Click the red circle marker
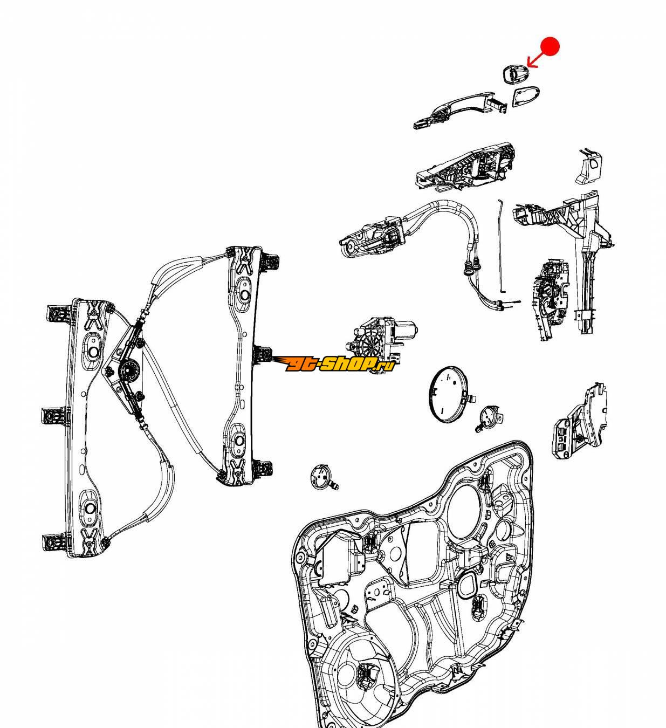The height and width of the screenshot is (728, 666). tap(550, 46)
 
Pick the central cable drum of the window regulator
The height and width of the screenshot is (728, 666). tap(128, 371)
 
